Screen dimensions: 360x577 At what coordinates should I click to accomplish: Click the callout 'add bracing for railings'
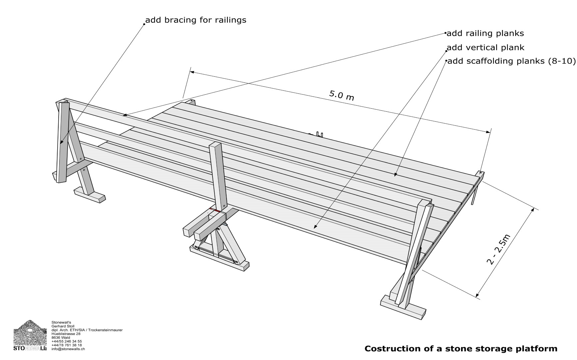pyautogui.click(x=196, y=20)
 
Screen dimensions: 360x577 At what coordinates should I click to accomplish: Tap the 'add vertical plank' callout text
pyautogui.click(x=485, y=48)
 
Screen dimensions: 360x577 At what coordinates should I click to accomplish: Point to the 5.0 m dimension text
pyautogui.click(x=341, y=95)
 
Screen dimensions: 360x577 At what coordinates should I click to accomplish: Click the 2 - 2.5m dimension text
pyautogui.click(x=498, y=249)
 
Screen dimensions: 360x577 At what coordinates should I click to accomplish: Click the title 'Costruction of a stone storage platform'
pyautogui.click(x=461, y=349)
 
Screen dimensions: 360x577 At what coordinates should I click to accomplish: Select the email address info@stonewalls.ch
pyautogui.click(x=68, y=349)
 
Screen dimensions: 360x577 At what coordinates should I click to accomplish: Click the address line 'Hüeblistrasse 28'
pyautogui.click(x=66, y=334)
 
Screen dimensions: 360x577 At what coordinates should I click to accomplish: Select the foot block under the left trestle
pyautogui.click(x=90, y=195)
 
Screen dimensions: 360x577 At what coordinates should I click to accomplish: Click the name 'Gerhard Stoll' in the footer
pyautogui.click(x=63, y=326)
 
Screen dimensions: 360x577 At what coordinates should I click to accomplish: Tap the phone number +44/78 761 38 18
pyautogui.click(x=67, y=345)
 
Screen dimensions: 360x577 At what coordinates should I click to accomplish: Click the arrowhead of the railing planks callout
pyautogui.click(x=125, y=115)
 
